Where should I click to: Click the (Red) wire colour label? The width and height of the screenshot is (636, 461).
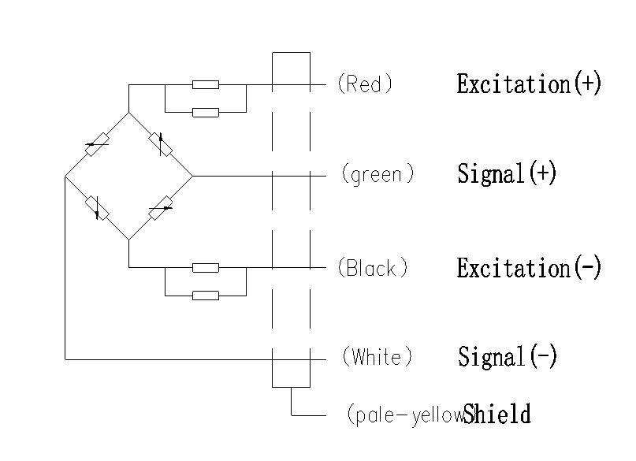coord(364,84)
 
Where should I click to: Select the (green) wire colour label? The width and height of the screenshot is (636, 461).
coord(378,173)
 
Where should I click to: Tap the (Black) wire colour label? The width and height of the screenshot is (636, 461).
coord(373,268)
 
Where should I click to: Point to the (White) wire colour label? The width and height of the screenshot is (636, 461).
coord(377,357)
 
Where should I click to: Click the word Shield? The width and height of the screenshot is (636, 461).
coord(497,414)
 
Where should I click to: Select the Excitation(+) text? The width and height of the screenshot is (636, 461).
coord(529,84)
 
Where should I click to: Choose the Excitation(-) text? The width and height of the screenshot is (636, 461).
coord(529,268)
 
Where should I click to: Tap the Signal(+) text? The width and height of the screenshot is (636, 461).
coord(507,173)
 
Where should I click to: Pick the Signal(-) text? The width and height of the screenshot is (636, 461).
coord(507,357)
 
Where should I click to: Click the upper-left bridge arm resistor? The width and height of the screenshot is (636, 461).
coord(97,143)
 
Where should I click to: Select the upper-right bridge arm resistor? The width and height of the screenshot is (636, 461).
coord(161,144)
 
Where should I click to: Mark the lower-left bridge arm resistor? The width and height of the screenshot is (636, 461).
coord(97,207)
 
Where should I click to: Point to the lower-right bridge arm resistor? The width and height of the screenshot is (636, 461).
coord(161,208)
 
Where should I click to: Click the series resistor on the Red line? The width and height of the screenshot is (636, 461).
coord(206,84)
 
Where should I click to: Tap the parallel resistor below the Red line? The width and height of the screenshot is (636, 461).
coord(206,113)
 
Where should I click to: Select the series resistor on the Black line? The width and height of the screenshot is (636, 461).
coord(206,268)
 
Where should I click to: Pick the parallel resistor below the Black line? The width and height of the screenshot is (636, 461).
coord(206,296)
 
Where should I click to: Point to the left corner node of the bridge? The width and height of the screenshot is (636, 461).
coord(65,177)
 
